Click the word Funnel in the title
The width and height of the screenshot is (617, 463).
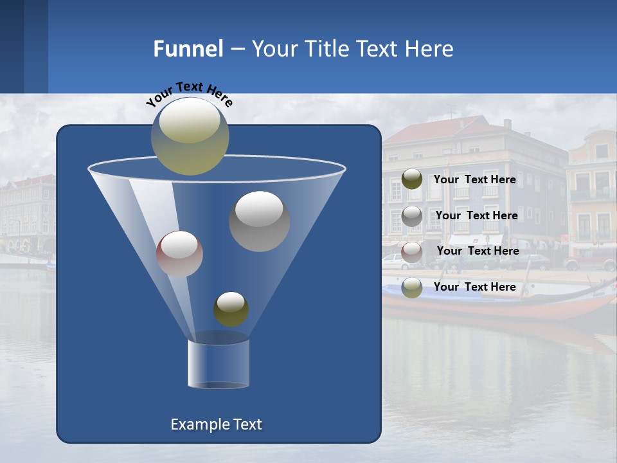[x=188, y=49]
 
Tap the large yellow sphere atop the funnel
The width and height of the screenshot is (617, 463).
[x=190, y=136]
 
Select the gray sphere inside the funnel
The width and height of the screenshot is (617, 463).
[x=259, y=221]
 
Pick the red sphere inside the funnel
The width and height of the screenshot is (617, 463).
[x=179, y=254]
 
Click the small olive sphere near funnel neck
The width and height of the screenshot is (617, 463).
[x=231, y=309]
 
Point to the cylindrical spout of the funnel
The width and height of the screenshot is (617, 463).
[x=219, y=363]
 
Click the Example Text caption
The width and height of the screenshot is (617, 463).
[x=216, y=424]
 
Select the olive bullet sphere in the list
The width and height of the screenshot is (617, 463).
[x=412, y=179]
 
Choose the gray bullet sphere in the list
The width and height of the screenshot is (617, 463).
[x=412, y=215]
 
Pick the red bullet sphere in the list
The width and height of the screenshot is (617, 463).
[x=412, y=251]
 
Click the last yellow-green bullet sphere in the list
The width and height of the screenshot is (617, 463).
[x=412, y=287]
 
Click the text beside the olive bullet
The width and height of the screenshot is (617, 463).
[x=474, y=179]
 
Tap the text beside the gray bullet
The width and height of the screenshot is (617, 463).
[x=476, y=215]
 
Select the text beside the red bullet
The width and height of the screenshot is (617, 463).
[x=478, y=251]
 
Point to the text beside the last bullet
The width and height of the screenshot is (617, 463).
[x=474, y=287]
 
